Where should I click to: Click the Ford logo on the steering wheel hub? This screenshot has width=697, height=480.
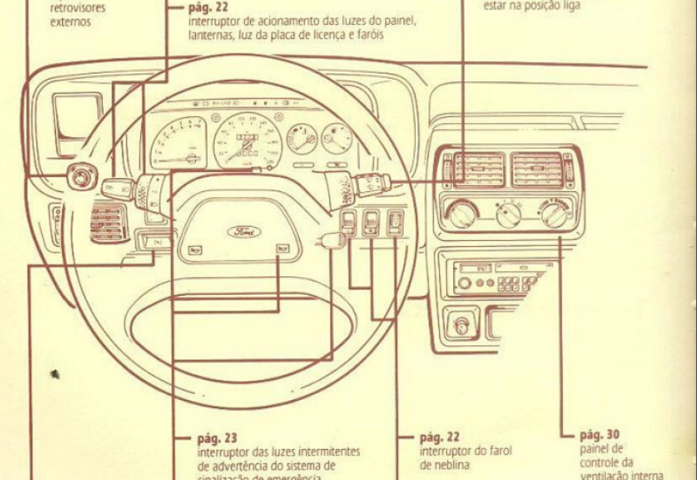click(x=244, y=231)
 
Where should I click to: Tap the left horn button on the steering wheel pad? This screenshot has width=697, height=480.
click(x=195, y=249)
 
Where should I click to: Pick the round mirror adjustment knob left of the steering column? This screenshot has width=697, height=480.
click(x=80, y=177)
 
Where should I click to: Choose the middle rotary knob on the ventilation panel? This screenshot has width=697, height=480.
click(x=508, y=214)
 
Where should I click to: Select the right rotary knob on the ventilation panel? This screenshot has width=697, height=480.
click(x=555, y=213)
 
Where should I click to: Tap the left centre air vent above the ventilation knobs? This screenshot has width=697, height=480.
click(x=479, y=170)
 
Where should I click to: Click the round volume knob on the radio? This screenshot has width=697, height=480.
click(x=464, y=283)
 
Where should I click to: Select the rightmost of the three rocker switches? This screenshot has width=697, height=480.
click(x=395, y=222)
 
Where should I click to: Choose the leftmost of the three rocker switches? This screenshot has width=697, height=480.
click(x=349, y=222)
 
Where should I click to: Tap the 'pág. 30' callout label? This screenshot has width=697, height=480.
click(x=599, y=434)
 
